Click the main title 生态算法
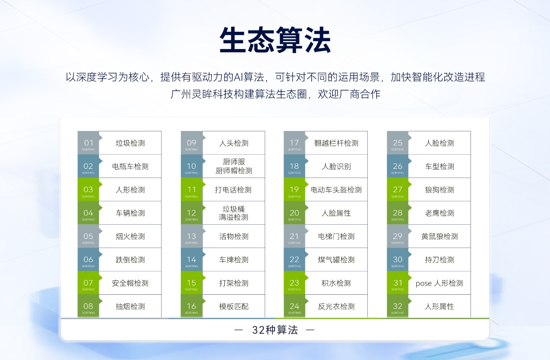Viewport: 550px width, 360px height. [275, 40]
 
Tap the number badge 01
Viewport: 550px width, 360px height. [89, 143]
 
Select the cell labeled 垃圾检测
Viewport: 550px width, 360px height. [130, 143]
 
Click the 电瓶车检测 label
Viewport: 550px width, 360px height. [130, 167]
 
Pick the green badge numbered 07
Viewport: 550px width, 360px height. [89, 283]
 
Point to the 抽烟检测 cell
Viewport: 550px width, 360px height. [130, 306]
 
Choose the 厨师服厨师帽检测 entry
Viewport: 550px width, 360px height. [234, 166]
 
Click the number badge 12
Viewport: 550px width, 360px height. [192, 213]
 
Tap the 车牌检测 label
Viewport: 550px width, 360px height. [234, 259]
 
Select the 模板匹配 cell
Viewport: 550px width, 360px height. [234, 306]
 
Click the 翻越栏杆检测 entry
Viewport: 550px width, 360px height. [336, 143]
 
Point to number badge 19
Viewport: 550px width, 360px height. [294, 189]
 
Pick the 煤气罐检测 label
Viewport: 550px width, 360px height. [336, 259]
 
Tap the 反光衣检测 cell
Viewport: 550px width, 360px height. [336, 306]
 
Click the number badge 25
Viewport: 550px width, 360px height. [397, 143]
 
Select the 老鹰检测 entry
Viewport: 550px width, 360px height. [440, 213]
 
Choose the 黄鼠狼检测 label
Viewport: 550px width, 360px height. [440, 236]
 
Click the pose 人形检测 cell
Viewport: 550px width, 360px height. [440, 283]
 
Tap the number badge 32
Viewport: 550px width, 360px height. [397, 306]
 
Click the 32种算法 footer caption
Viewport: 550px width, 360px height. [275, 330]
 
